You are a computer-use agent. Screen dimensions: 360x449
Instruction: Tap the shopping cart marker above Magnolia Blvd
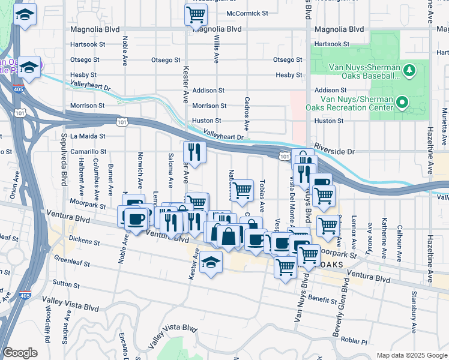tap(196, 14)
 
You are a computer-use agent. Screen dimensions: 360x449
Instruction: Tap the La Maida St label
tap(88, 136)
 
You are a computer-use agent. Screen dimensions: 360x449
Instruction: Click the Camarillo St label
tap(88, 152)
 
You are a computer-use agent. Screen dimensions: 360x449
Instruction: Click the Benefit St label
tap(322, 298)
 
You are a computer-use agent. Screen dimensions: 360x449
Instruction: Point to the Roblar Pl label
tap(354, 341)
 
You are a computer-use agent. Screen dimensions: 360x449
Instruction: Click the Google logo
tap(20, 353)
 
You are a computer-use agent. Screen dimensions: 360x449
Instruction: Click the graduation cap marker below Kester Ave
tap(211, 262)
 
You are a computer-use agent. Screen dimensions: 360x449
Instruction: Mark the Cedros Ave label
tap(246, 114)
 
